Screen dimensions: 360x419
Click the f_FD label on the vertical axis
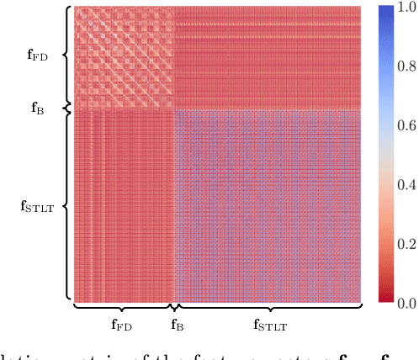(x=38, y=56)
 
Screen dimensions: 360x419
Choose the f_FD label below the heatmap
(x=124, y=323)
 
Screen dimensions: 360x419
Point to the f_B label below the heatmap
(x=178, y=323)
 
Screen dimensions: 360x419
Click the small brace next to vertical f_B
(x=66, y=109)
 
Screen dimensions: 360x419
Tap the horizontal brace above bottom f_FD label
(x=123, y=307)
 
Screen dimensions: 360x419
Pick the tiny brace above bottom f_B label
(x=173, y=307)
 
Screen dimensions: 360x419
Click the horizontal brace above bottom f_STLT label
(x=268, y=307)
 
